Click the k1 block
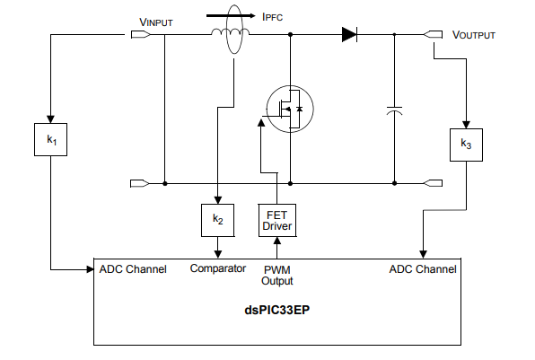coord(52,141)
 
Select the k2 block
coord(217,218)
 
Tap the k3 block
coord(466,144)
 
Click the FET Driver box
coord(276,219)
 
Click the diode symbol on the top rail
coord(349,35)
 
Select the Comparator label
coord(218,268)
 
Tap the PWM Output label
coord(277,275)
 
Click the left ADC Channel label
coord(133,268)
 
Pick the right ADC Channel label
coord(423,268)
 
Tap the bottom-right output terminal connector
coord(432,184)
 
